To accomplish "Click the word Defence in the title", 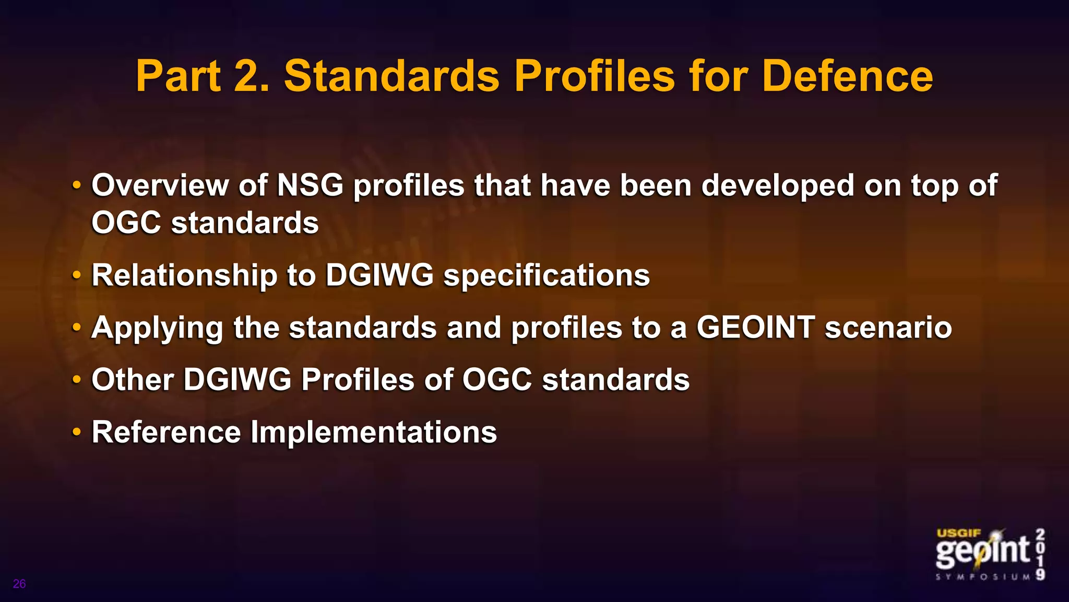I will pos(847,76).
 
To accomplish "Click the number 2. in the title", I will pos(252,76).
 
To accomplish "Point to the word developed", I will pos(777,186).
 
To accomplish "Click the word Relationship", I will pos(184,275).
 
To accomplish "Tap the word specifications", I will pos(547,276).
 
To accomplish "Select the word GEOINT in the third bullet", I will pos(755,327).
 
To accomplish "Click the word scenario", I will pos(888,328).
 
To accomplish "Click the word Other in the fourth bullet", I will pos(133,379).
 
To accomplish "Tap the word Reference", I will pos(166,432).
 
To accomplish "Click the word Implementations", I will pos(374,433).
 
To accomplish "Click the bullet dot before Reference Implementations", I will pos(77,433).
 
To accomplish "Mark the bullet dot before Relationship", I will pos(77,275).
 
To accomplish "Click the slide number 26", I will pos(19,584).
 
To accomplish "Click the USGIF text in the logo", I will pos(959,533).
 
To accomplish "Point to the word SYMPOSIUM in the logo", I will pos(983,577).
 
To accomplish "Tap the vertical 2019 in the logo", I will pos(1040,554).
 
